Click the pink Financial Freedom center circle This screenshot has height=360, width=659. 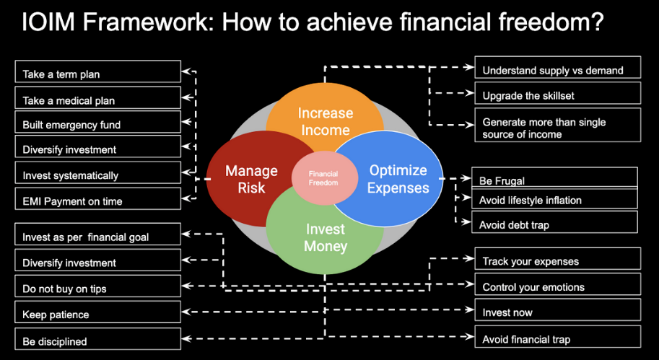click(324, 178)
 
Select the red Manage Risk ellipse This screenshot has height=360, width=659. click(248, 178)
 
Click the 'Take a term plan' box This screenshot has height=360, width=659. click(98, 71)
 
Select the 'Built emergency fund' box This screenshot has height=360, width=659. click(98, 122)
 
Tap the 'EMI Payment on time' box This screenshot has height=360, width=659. click(98, 198)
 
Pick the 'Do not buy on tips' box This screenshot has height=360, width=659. click(98, 286)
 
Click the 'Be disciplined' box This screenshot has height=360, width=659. click(98, 338)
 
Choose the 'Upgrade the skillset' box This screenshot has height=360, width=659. click(558, 93)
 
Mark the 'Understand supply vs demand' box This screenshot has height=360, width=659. click(558, 67)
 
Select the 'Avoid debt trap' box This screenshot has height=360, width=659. click(554, 222)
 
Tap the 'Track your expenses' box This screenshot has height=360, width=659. click(558, 258)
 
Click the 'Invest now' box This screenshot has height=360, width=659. click(558, 309)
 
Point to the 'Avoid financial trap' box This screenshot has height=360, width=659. click(558, 336)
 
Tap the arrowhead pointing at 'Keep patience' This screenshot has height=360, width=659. click(186, 312)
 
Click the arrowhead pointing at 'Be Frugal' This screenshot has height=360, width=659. click(467, 178)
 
